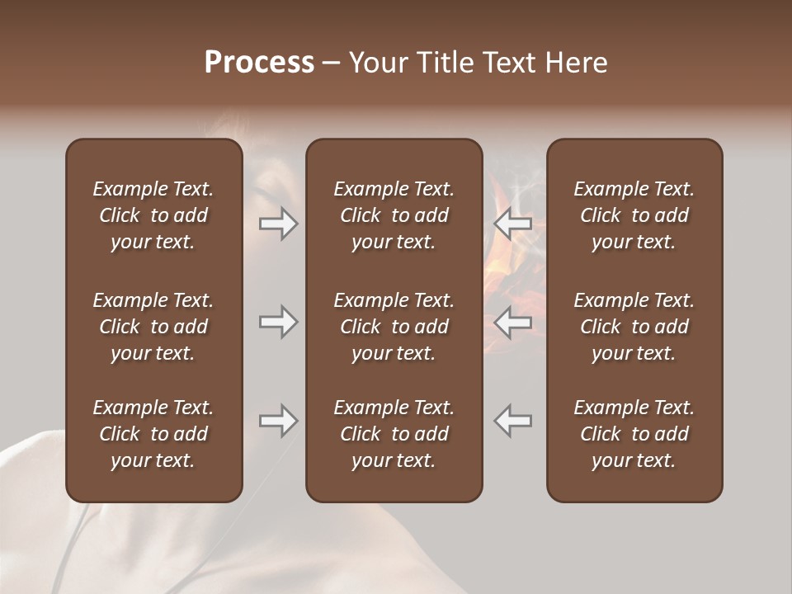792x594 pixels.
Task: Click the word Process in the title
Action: coord(259,63)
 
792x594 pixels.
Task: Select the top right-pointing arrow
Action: coord(278,224)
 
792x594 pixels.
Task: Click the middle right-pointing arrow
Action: coord(278,322)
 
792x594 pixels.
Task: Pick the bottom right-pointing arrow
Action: coord(278,421)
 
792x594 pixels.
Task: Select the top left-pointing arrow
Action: coord(512,224)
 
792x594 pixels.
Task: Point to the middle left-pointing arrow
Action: coord(512,322)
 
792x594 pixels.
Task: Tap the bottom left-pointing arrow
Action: coord(512,421)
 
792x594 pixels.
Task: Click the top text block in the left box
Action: coord(153,215)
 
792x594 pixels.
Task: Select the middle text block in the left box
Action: coord(153,326)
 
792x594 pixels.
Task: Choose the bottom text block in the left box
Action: coord(153,434)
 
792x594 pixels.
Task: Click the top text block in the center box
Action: coord(394,215)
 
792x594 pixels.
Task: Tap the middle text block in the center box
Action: coord(394,326)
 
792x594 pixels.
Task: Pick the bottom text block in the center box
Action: coord(394,434)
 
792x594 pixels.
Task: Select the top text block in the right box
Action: coord(634,215)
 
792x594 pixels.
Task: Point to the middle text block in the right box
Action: coord(634,326)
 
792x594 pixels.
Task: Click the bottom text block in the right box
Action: coord(634,434)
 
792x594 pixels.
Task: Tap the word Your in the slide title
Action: coord(376,63)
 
